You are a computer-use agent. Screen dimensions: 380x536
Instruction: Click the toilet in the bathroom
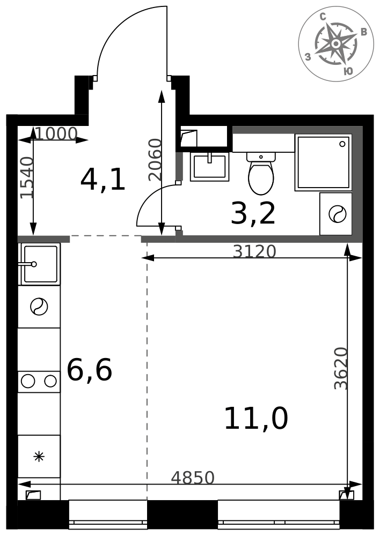click(261, 173)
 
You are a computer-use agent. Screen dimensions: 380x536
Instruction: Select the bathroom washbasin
click(209, 167)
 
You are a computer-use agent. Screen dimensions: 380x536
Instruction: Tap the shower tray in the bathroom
click(324, 162)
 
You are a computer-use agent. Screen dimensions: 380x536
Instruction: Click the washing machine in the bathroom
click(336, 214)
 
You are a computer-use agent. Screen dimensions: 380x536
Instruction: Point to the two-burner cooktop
click(39, 381)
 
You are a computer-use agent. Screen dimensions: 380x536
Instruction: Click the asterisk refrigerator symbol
click(39, 456)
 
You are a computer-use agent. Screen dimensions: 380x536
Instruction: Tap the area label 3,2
click(253, 213)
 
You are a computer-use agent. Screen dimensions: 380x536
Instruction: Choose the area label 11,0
click(255, 419)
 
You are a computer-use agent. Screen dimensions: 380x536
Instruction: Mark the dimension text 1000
click(56, 133)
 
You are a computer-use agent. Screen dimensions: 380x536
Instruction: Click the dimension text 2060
click(155, 160)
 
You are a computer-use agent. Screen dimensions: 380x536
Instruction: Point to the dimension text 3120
click(254, 251)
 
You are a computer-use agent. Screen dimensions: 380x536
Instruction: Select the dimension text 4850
click(193, 478)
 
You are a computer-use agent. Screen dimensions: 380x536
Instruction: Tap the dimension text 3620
click(341, 369)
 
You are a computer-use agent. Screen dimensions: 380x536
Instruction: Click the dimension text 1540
click(27, 177)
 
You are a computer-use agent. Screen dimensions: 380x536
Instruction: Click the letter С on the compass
click(323, 17)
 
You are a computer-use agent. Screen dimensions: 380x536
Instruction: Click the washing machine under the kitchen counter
click(39, 307)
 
